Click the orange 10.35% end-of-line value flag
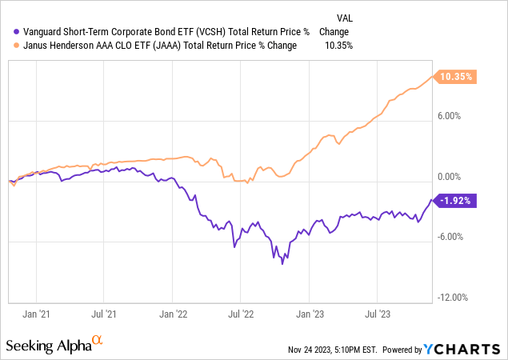[x=456, y=77]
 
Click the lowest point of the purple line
[x=282, y=263]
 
